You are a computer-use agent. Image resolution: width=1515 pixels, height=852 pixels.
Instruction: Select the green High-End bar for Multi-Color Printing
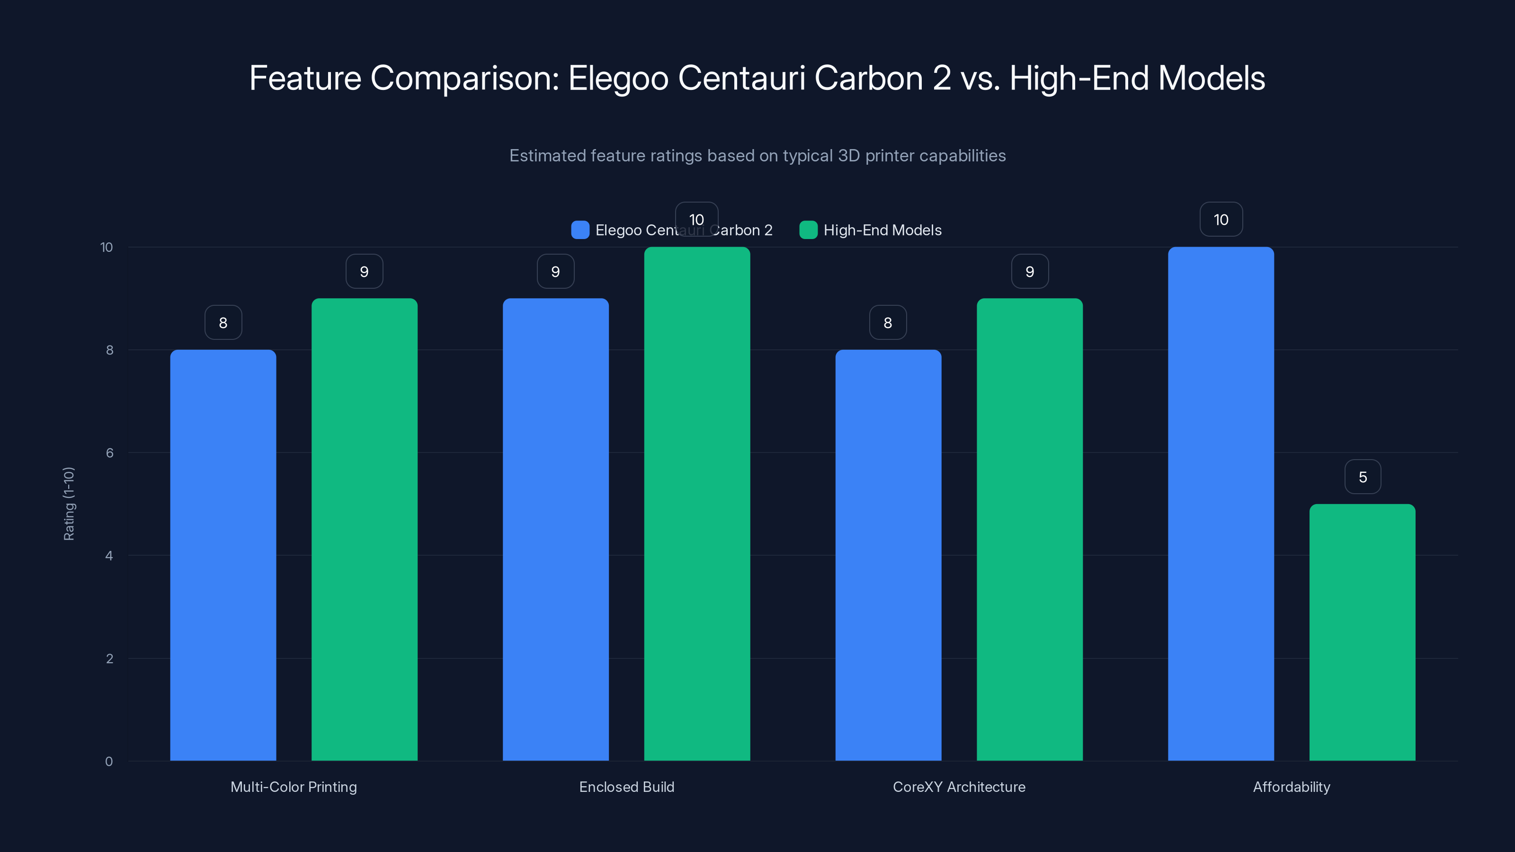(364, 529)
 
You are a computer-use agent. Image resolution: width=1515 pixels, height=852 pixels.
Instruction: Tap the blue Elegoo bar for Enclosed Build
(555, 529)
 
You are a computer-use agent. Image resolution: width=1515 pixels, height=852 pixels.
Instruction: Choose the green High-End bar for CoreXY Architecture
(1029, 529)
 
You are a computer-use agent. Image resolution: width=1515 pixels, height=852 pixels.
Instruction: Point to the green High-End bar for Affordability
(1362, 632)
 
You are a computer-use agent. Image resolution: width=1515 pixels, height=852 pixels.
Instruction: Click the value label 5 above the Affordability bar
(1363, 477)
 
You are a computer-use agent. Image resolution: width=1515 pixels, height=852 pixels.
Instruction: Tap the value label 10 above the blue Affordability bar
(1221, 219)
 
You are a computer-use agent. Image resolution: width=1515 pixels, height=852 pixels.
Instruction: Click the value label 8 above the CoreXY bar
(888, 322)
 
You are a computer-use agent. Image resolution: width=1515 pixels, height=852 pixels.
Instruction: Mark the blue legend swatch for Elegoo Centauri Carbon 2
(580, 230)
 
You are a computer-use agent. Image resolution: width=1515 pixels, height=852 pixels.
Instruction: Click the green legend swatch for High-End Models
(808, 230)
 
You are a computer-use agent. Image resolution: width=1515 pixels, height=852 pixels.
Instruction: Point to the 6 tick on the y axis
(109, 453)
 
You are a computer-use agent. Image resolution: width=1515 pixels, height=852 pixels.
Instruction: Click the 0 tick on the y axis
(109, 762)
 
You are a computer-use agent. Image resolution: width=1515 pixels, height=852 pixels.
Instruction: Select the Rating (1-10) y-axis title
(69, 504)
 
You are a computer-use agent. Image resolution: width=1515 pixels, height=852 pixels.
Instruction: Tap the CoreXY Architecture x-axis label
(959, 787)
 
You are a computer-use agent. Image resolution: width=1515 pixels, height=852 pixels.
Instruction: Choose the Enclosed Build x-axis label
(626, 787)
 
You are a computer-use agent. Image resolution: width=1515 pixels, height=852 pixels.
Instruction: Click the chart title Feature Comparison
(757, 78)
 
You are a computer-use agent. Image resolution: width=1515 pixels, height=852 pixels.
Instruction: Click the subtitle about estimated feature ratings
(757, 155)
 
